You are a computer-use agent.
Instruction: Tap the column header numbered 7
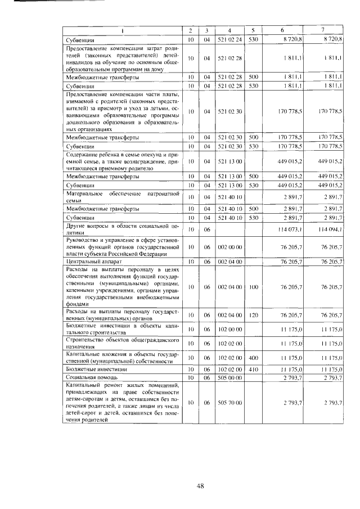(323, 30)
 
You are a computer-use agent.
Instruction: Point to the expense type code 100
(254, 287)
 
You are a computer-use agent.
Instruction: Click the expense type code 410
(254, 369)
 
